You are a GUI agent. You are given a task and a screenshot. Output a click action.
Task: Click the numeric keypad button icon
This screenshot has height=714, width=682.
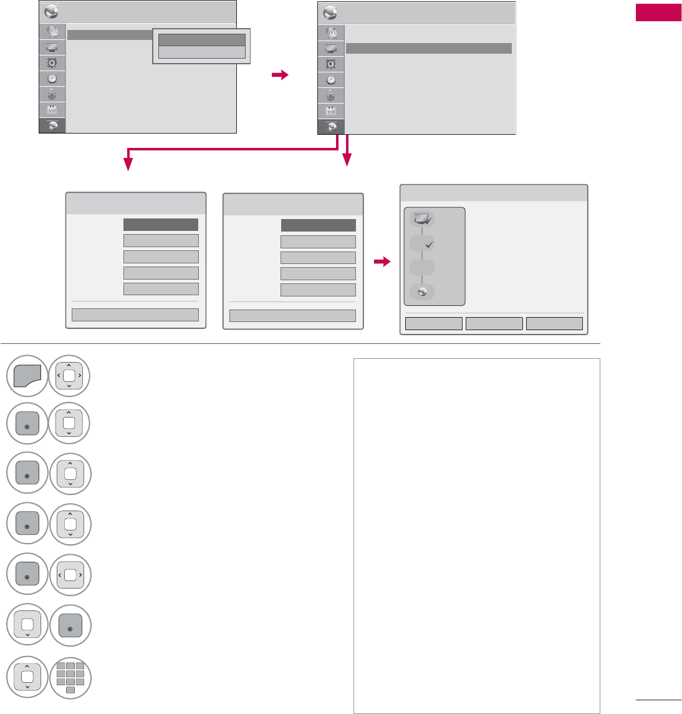click(70, 677)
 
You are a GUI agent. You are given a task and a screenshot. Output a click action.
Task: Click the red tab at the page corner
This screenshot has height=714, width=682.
click(658, 12)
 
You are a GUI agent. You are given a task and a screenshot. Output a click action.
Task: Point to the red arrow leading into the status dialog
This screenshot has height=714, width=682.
click(382, 263)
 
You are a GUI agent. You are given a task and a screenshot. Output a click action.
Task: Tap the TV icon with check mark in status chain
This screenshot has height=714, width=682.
click(423, 219)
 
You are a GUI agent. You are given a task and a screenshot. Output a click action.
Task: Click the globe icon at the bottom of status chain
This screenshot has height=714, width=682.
click(423, 291)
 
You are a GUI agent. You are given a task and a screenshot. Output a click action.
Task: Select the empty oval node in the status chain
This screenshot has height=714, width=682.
click(423, 267)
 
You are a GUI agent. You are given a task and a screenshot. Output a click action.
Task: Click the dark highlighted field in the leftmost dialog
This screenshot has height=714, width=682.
click(161, 225)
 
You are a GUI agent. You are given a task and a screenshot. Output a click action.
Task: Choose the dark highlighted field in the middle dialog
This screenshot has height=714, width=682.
click(318, 225)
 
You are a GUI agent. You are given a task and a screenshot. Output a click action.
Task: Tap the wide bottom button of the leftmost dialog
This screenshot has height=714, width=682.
click(135, 315)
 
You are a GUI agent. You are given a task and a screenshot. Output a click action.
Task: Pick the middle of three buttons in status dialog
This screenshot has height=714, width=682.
click(494, 323)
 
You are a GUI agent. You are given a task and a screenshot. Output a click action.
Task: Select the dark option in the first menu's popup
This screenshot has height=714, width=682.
click(202, 39)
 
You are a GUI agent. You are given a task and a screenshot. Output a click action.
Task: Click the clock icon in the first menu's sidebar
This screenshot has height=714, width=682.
click(52, 79)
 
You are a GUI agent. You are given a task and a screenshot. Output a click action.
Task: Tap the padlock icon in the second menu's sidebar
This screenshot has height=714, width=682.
click(330, 95)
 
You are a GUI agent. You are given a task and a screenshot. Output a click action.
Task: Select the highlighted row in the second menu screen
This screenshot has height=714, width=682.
click(428, 48)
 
